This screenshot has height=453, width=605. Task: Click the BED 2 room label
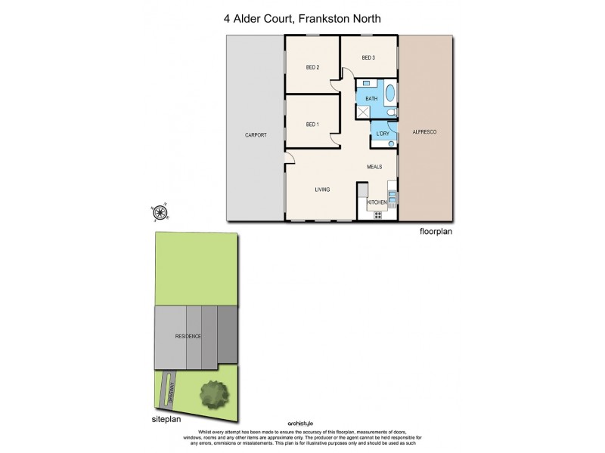click(x=312, y=68)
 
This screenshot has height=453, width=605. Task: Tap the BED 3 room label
click(x=368, y=58)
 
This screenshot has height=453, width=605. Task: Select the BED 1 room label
click(x=312, y=124)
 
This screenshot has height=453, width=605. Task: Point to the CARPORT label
click(x=255, y=135)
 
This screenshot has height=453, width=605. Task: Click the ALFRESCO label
click(x=423, y=132)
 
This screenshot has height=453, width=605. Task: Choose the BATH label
click(x=371, y=99)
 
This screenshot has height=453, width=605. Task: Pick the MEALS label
click(x=375, y=167)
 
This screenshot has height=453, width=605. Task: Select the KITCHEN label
click(x=377, y=202)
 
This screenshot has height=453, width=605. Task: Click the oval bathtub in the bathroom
click(x=390, y=96)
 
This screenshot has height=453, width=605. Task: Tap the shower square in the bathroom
click(x=365, y=112)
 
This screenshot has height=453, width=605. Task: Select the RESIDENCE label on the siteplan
click(x=188, y=336)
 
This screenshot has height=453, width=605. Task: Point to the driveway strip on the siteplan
click(x=172, y=389)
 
